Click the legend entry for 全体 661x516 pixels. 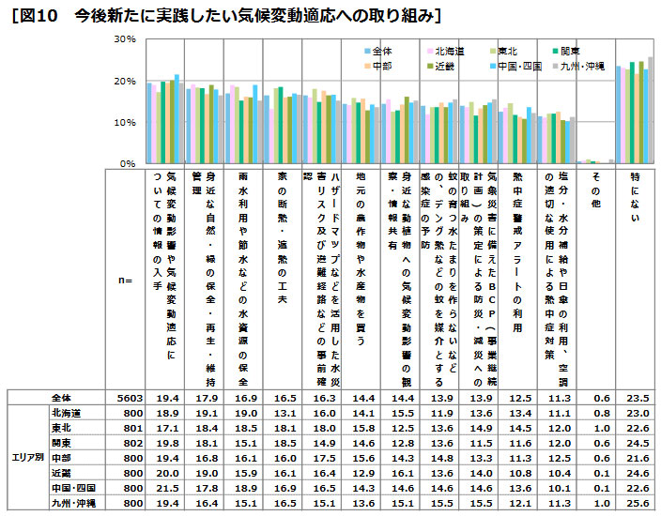pyautogui.click(x=381, y=51)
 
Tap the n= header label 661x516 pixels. pyautogui.click(x=123, y=280)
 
